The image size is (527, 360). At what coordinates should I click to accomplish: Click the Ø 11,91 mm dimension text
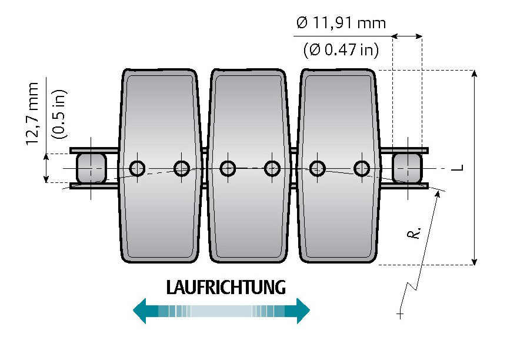341,24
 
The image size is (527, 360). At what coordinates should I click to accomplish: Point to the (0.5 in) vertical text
59,114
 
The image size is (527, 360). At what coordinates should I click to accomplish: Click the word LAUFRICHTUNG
226,288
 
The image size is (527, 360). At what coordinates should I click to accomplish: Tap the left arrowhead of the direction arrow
140,311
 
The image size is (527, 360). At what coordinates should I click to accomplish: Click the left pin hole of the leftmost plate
138,169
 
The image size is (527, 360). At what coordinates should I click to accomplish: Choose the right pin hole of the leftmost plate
181,169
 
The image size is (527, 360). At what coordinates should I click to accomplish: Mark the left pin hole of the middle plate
228,169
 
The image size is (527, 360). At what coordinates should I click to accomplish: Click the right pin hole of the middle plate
271,169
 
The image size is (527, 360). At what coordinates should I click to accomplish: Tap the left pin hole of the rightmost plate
318,169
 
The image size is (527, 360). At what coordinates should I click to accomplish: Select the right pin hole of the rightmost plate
361,169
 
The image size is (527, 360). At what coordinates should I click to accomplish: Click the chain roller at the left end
91,168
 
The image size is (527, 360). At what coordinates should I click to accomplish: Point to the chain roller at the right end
406,168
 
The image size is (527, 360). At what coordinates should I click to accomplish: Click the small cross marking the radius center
401,315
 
